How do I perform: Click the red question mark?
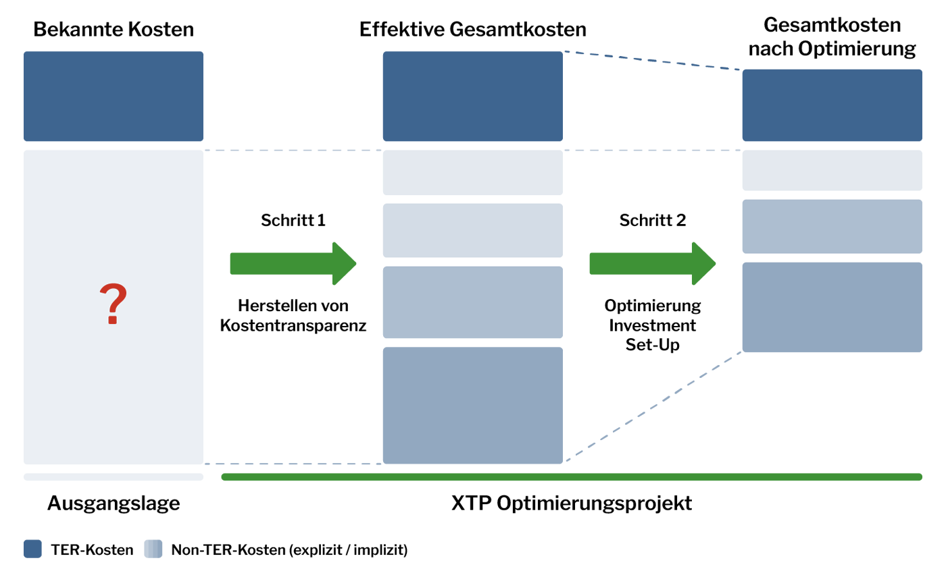[114, 303]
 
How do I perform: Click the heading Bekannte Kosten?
[114, 30]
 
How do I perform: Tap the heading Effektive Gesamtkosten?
[472, 30]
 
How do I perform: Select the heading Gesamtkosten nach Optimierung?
[832, 36]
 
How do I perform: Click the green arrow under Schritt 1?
[293, 264]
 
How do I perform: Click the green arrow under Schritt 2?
[653, 264]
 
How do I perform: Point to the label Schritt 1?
[293, 220]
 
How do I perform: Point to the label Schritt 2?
[653, 220]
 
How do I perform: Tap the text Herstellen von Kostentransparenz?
[293, 315]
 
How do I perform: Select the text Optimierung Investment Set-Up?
[653, 325]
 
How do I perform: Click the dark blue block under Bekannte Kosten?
[114, 97]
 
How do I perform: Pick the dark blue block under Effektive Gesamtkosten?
[472, 97]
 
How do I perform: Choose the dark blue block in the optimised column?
[832, 105]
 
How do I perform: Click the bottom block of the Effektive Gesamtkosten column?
[472, 406]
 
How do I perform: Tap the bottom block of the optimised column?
[832, 307]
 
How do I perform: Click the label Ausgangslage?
[114, 503]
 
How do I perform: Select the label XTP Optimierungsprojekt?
[572, 503]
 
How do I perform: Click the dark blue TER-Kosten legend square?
[32, 549]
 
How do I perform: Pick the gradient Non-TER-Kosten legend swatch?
[153, 549]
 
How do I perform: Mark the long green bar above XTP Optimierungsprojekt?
[572, 476]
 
